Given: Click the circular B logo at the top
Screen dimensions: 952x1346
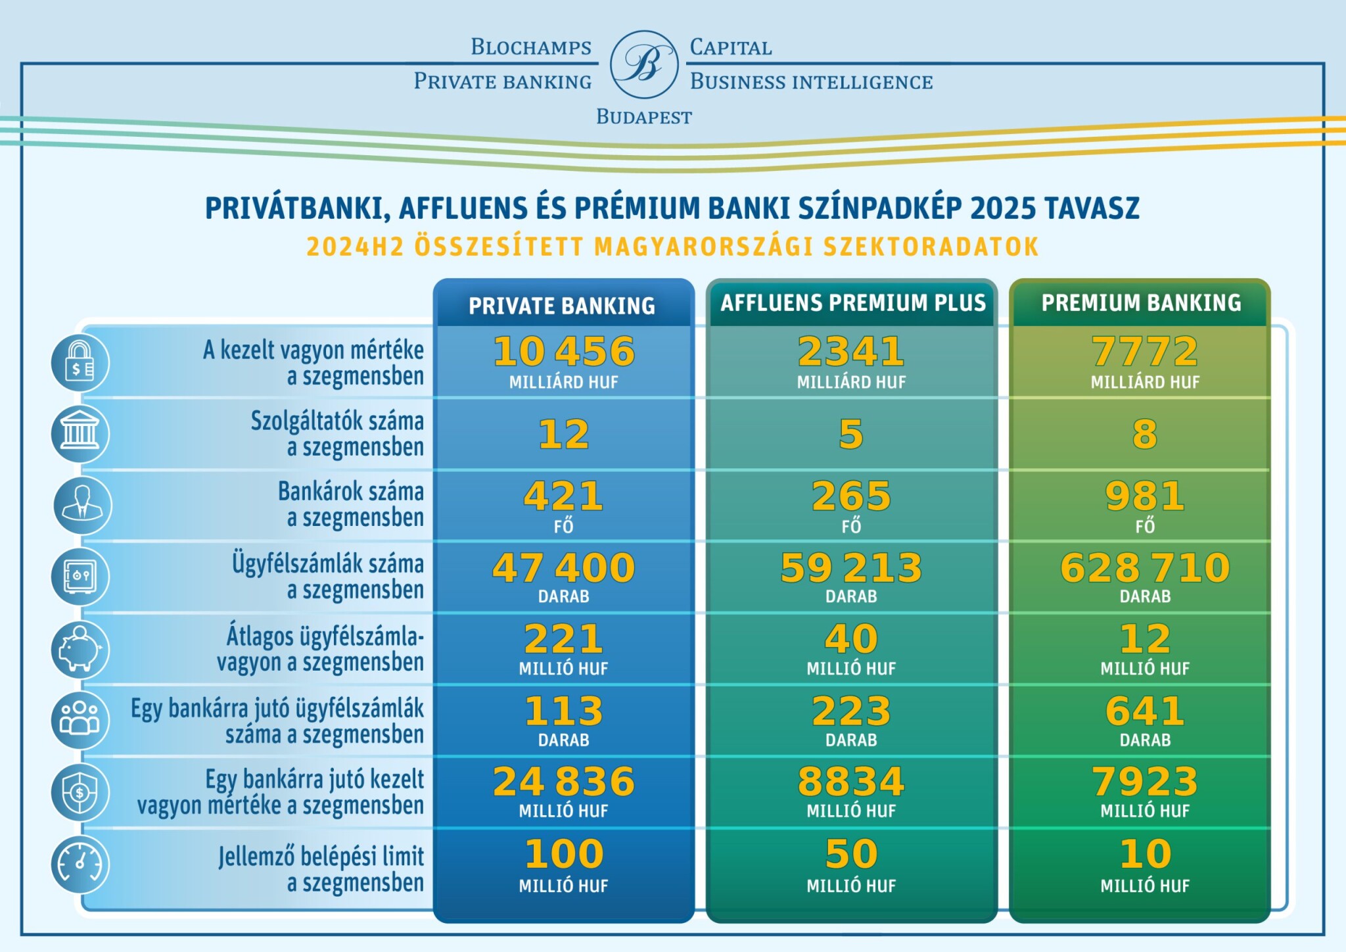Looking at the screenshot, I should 643,64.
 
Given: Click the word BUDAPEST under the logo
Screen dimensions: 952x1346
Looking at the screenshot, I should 643,117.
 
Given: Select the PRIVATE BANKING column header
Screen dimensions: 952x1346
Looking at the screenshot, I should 562,306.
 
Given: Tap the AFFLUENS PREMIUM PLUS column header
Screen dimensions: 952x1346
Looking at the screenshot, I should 852,303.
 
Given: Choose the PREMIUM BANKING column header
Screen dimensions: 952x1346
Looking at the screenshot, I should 1141,303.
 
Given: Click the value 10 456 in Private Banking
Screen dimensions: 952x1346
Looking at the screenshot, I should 564,352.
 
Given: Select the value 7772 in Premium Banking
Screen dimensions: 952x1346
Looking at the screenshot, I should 1145,352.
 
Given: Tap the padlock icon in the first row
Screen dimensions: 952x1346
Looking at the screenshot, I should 80,362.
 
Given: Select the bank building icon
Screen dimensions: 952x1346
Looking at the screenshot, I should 80,434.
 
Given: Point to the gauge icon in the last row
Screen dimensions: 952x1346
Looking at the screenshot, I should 80,864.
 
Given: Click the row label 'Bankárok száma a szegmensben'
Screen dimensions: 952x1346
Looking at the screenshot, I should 350,504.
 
